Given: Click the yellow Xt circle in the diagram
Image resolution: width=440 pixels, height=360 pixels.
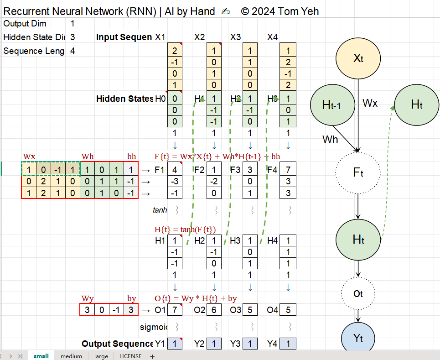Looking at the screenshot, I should [358, 58].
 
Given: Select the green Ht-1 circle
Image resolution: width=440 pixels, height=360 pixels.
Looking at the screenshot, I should [332, 105].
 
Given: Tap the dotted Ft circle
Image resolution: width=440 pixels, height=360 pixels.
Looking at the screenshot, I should [358, 172].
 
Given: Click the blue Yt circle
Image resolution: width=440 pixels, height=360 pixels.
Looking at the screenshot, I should [358, 338].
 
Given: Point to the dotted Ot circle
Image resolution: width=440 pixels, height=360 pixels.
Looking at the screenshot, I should [358, 293].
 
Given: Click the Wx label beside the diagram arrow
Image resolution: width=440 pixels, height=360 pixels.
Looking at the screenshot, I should [370, 103].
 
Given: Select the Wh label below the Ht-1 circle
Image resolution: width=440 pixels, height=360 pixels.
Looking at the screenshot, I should [331, 139].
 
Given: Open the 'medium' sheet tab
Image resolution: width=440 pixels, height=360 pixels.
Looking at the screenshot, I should [71, 356].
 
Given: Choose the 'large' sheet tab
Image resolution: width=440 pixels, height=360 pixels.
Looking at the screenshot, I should [101, 356].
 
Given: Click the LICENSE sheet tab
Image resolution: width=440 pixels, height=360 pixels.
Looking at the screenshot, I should [130, 356].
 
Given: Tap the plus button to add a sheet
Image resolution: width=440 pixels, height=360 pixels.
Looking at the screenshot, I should [152, 356].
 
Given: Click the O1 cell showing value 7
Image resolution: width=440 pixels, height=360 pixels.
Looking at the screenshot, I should [175, 310].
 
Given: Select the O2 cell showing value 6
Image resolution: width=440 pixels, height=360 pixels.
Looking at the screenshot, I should [214, 310].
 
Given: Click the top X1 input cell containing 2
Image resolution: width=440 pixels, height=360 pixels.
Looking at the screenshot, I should [175, 51].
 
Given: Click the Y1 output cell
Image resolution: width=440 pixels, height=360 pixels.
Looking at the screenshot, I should [175, 344].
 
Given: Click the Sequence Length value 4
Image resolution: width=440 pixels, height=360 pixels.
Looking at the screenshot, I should [72, 51].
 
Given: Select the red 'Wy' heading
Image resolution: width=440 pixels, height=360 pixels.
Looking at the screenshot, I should [88, 299].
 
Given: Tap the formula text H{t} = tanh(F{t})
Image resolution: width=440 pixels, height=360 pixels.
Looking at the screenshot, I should [185, 230].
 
